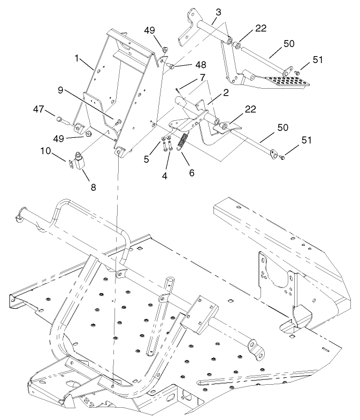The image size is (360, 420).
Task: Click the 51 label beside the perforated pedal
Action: pyautogui.click(x=318, y=60)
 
